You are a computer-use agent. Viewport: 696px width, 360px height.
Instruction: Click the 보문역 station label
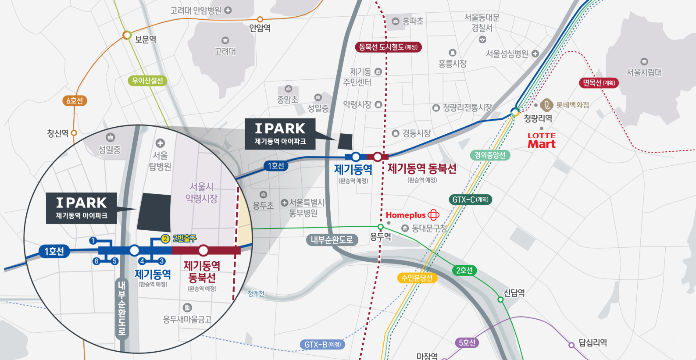pyautogui.click(x=145, y=39)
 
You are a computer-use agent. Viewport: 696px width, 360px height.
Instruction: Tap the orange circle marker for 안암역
pyautogui.click(x=260, y=19)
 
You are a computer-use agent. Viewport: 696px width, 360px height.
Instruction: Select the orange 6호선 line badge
pyautogui.click(x=75, y=100)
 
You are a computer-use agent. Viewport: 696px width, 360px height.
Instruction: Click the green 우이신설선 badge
pyautogui.click(x=148, y=81)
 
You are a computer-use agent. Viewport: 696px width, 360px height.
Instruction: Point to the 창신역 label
pyautogui.click(x=57, y=133)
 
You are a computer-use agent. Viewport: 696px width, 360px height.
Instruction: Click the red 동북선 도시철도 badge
pyautogui.click(x=388, y=47)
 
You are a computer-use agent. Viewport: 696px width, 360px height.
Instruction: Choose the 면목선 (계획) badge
pyautogui.click(x=599, y=82)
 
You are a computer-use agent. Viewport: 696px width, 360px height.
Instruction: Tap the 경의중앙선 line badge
pyautogui.click(x=490, y=155)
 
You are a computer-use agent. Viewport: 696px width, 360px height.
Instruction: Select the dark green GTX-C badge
pyautogui.click(x=470, y=200)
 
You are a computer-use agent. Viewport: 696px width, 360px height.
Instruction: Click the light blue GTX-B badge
pyautogui.click(x=322, y=344)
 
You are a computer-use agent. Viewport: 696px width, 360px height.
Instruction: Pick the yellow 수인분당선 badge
pyautogui.click(x=417, y=278)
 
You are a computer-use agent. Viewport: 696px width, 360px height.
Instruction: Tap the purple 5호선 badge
pyautogui.click(x=466, y=342)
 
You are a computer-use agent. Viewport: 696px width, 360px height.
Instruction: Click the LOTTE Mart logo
pyautogui.click(x=542, y=141)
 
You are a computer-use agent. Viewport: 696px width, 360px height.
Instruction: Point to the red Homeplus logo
pyautogui.click(x=412, y=215)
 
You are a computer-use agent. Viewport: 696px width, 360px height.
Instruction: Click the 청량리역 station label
pyautogui.click(x=538, y=118)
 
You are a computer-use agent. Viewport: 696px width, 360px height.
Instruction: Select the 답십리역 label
pyautogui.click(x=592, y=342)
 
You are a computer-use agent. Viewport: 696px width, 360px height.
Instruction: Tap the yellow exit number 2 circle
pyautogui.click(x=165, y=239)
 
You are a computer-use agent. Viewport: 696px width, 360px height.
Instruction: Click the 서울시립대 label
pyautogui.click(x=644, y=72)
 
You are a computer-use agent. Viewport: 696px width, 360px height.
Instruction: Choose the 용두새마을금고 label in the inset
pyautogui.click(x=187, y=319)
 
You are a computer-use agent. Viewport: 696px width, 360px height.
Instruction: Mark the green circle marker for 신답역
pyautogui.click(x=500, y=299)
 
